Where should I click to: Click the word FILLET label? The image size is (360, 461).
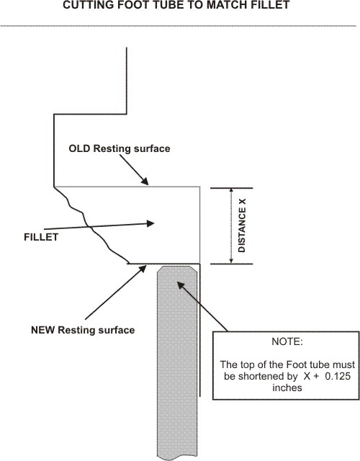point(41,237)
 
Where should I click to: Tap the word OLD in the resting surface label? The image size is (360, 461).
point(79,148)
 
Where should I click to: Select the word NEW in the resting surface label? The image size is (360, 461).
point(42,330)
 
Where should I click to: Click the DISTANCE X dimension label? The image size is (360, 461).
point(242,225)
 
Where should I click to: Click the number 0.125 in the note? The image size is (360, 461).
point(338,376)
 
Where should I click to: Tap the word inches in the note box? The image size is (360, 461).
point(287,388)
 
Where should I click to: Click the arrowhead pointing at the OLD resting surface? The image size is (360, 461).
point(145,181)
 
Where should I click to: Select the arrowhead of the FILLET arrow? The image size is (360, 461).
point(150,223)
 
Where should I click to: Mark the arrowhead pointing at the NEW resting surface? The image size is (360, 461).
point(143,269)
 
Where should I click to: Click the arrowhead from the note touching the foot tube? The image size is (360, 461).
point(180,285)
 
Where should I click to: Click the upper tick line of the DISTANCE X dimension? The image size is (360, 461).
point(232,188)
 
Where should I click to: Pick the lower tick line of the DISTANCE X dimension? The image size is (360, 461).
point(232,264)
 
